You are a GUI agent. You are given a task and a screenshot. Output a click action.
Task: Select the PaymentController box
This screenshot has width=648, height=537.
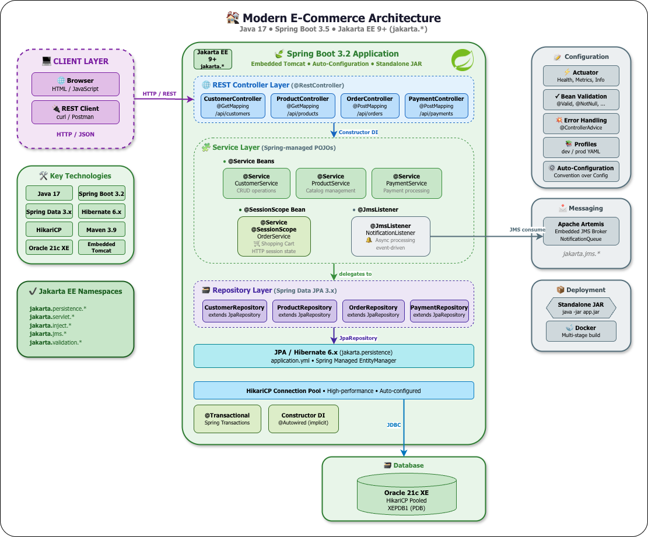click(x=436, y=106)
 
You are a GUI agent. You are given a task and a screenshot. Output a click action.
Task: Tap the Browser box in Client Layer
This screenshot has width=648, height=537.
click(x=75, y=85)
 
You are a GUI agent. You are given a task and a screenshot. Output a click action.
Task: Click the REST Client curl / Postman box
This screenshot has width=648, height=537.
click(x=75, y=112)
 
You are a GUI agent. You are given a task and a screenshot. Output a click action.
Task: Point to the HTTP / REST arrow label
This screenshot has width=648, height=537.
click(x=159, y=94)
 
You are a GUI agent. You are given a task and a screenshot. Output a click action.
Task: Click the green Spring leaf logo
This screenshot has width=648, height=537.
click(x=463, y=60)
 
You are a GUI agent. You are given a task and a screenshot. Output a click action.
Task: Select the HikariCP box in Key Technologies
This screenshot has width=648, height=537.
click(x=49, y=230)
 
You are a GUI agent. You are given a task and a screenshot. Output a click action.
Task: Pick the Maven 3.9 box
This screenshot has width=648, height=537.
click(x=101, y=230)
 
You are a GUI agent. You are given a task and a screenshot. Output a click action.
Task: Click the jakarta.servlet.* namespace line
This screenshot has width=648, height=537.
click(x=52, y=317)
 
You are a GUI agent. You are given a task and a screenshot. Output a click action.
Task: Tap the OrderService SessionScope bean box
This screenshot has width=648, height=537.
click(x=274, y=236)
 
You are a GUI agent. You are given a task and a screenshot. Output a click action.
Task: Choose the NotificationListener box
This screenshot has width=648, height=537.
click(x=390, y=236)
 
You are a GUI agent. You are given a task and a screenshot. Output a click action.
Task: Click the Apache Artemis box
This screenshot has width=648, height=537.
click(x=580, y=231)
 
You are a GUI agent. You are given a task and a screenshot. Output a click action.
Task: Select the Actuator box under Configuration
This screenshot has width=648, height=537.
click(x=580, y=76)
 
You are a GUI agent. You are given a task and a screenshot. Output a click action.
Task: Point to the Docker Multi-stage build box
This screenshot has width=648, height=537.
click(x=580, y=331)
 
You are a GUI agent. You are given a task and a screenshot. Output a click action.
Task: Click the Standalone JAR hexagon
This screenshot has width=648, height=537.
click(x=580, y=308)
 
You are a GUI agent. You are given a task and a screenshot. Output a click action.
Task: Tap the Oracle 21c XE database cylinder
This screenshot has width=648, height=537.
click(x=407, y=493)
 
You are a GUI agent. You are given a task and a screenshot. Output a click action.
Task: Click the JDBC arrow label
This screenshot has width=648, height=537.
click(x=394, y=424)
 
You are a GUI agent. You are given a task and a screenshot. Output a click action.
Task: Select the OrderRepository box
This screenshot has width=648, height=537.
click(x=373, y=311)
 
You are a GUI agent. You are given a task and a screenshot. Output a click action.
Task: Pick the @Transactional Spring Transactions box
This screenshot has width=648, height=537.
click(x=227, y=419)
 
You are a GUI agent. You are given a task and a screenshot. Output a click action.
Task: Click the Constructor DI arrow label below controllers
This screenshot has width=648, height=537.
click(x=358, y=132)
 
